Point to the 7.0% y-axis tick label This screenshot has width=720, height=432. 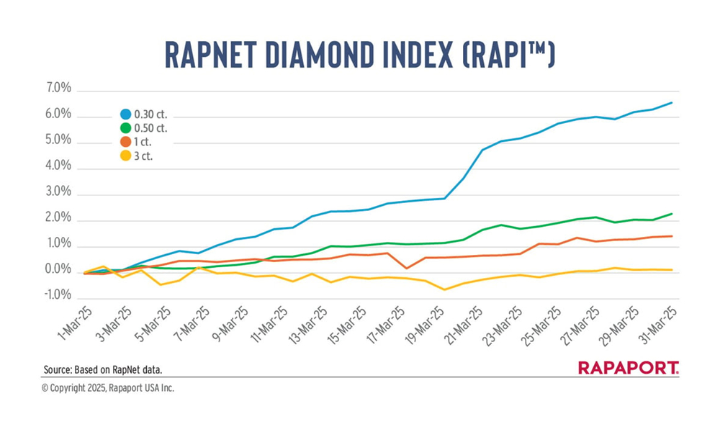point(58,89)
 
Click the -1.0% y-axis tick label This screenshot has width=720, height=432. point(57,296)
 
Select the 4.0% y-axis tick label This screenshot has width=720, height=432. point(58,167)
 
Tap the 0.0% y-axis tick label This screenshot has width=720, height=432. point(58,271)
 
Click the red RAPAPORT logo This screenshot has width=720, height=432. point(628,368)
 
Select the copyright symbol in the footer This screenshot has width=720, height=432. point(45,388)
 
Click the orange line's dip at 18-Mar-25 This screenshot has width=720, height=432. point(407,269)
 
